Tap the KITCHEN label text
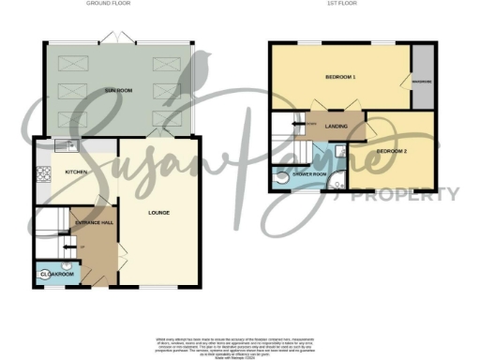point(75,173)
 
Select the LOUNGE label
point(158,213)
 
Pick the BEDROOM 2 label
point(392,151)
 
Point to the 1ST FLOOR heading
point(338,4)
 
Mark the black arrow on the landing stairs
point(300,124)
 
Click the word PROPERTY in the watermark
point(404,194)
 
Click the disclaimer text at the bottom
point(239,344)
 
